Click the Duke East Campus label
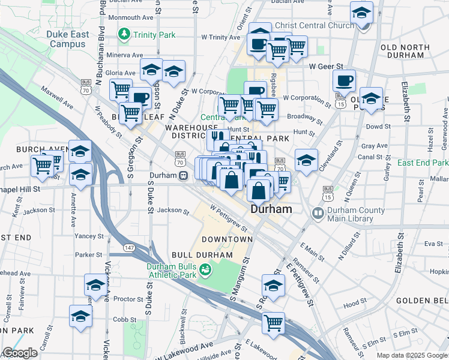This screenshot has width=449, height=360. point(67,39)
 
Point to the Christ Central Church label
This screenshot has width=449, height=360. point(315,26)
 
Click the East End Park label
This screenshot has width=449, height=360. point(423,163)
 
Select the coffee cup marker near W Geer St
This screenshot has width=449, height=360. point(344,81)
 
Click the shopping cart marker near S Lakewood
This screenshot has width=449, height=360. point(274,323)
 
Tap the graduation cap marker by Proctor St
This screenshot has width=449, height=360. point(95,285)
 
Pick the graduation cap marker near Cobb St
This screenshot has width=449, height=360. point(80,316)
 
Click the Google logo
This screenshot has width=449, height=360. point(20,353)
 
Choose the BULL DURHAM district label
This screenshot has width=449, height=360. point(202,255)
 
